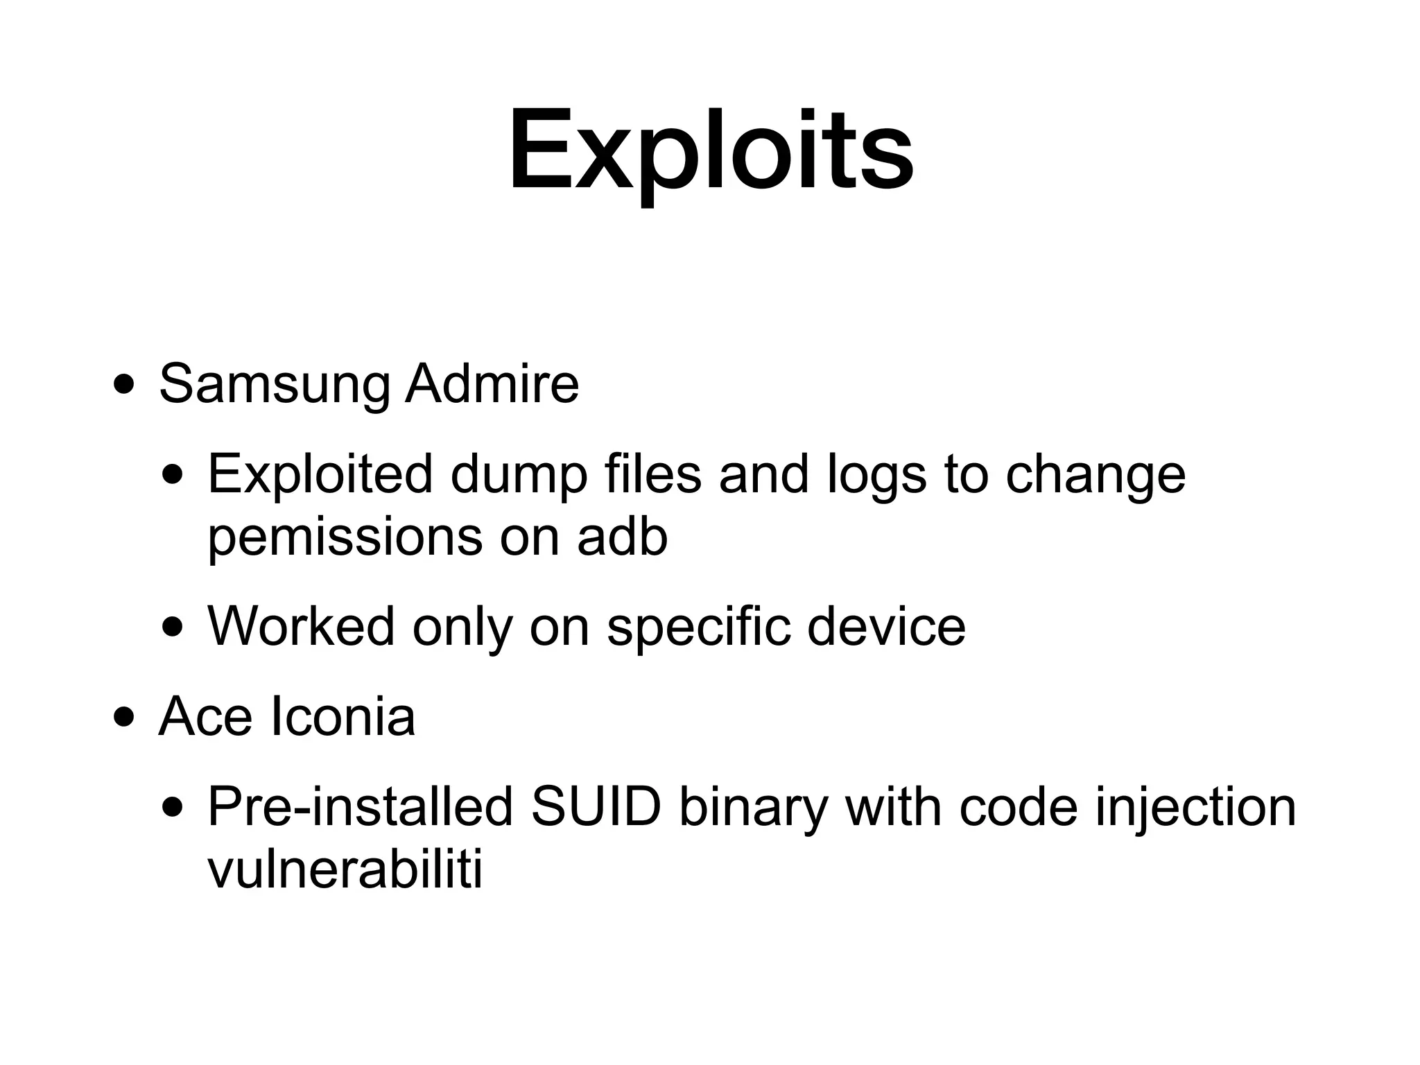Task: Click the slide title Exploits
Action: coord(711,151)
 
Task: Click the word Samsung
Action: coord(275,385)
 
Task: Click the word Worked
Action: coord(301,626)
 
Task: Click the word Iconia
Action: coord(342,716)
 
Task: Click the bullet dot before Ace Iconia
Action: coord(125,717)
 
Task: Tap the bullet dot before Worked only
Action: coord(173,627)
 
